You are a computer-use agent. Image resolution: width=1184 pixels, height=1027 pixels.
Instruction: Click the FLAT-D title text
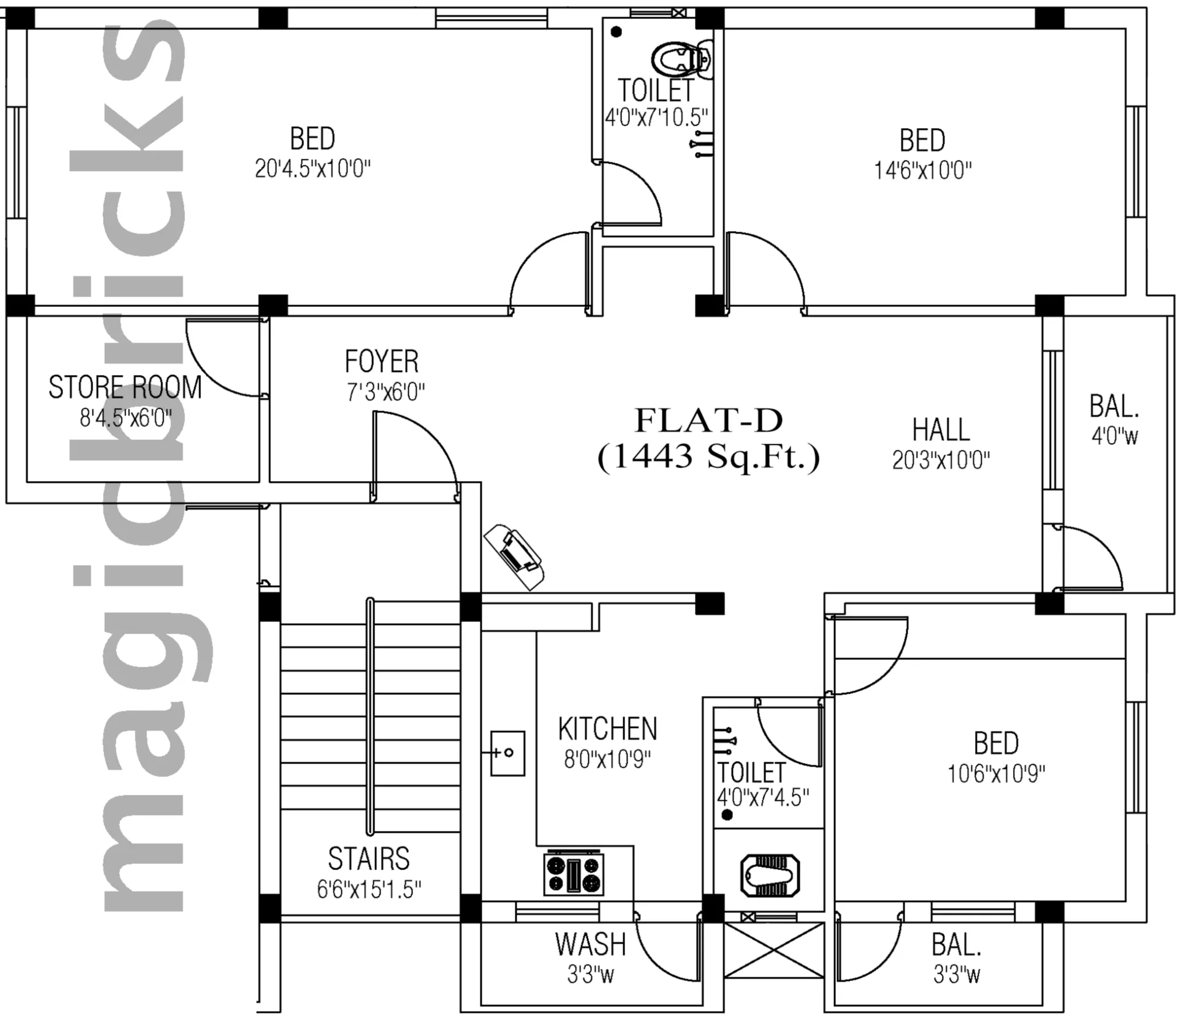[708, 420]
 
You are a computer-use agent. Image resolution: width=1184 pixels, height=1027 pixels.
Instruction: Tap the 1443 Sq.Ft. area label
[708, 457]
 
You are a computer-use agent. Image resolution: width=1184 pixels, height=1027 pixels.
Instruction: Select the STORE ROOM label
[125, 387]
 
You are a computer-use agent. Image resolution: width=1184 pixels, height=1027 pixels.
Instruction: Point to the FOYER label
[382, 362]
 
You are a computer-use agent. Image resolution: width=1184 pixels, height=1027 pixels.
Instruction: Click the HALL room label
[941, 430]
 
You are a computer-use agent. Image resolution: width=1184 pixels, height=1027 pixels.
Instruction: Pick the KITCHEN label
[607, 729]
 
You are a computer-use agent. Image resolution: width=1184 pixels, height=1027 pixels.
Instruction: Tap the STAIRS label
[369, 858]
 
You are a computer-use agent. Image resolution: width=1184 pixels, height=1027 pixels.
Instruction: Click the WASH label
[591, 944]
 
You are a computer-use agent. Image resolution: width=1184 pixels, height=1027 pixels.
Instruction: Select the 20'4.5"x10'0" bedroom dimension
[313, 169]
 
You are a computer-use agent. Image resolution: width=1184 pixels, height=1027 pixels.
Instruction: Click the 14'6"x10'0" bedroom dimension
[923, 170]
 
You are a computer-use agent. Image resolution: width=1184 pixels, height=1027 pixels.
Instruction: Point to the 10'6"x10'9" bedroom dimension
[996, 775]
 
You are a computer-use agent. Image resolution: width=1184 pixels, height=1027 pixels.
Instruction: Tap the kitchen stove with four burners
[574, 873]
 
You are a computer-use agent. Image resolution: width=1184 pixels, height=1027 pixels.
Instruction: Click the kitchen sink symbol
[507, 753]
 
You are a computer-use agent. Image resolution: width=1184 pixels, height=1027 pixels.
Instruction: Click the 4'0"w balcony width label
[1115, 436]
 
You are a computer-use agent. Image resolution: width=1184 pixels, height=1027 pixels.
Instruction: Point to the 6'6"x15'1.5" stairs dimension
[370, 889]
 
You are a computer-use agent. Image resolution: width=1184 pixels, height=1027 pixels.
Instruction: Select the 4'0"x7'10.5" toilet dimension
[657, 117]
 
